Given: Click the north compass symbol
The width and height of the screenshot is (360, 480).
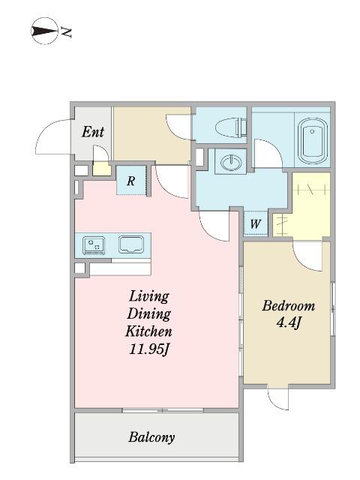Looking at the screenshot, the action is click(x=45, y=31).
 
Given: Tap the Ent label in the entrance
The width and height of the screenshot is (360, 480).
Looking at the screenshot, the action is click(x=93, y=132).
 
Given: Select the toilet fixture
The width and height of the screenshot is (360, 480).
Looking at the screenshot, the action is click(x=232, y=127).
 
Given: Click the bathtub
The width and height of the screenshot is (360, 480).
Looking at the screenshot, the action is click(x=312, y=141).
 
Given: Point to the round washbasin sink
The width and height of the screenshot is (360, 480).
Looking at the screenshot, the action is click(x=231, y=162).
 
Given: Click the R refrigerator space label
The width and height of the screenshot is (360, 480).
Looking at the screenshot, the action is click(x=131, y=181).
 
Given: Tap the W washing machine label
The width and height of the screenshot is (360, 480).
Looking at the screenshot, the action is click(x=255, y=224).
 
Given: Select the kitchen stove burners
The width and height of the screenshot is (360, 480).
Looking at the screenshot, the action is click(x=94, y=245).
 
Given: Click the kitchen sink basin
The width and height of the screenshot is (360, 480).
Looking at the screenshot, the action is click(x=131, y=244).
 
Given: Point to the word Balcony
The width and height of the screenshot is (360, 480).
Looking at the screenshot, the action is click(x=151, y=436).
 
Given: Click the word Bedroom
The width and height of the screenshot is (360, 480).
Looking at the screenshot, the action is click(x=288, y=306).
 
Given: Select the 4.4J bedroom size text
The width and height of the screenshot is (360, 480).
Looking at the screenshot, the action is click(x=288, y=322).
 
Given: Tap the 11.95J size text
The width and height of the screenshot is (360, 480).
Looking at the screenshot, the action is click(x=149, y=349).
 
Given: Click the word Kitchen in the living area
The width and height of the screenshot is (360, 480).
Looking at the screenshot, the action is click(x=148, y=331).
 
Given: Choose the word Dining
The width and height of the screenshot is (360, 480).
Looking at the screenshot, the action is click(x=149, y=314).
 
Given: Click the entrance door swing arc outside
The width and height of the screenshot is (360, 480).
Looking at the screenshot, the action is click(x=49, y=130).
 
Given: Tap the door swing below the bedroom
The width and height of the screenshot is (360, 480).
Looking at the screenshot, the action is click(x=277, y=398).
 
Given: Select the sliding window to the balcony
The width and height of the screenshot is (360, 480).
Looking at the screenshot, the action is click(x=163, y=410).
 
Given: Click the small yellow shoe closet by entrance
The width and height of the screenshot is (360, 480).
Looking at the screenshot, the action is click(x=102, y=169).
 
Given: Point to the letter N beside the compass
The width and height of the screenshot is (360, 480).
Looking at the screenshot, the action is click(x=66, y=32).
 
